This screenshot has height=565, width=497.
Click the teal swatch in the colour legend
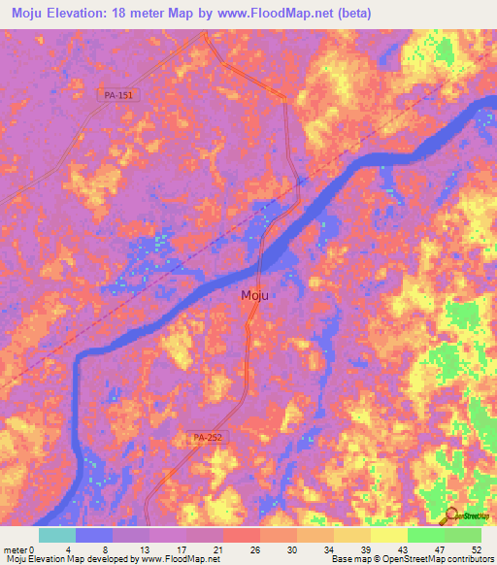click(x=57, y=535)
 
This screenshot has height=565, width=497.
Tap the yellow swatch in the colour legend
click(x=388, y=535)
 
